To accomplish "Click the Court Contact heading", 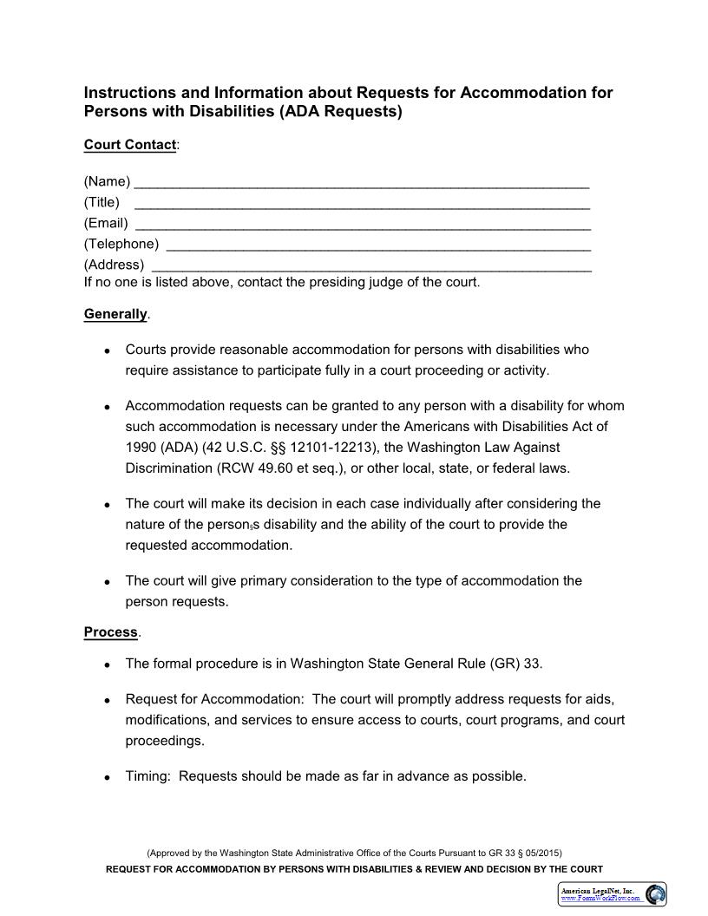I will tap(130, 145).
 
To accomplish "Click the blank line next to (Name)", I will tap(362, 183).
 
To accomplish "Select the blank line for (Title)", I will tap(362, 204).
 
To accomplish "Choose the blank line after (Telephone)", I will tap(377, 245).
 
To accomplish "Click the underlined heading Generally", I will tap(115, 314).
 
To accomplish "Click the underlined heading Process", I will tap(110, 631).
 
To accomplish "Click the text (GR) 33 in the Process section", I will tap(516, 664).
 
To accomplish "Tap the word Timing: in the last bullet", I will tap(148, 776).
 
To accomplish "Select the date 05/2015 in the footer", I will tap(545, 853).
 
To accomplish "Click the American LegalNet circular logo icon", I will tap(656, 894).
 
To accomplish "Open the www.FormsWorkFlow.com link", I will tap(601, 899).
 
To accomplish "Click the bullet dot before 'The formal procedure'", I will tap(106, 665).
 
